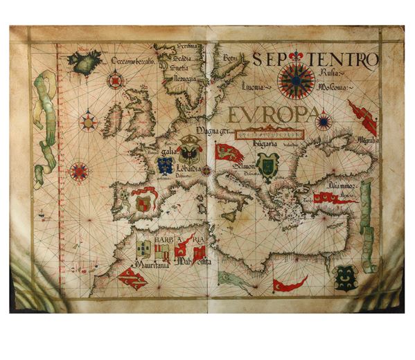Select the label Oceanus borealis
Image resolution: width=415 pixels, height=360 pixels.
tap(133, 60)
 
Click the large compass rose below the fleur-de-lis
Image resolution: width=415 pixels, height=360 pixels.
tap(296, 81)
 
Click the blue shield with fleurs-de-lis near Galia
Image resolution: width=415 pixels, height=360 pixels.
tap(165, 165)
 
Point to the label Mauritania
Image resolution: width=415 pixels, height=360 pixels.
tap(151, 264)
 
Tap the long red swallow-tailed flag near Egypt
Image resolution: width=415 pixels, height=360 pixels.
tap(290, 284)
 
